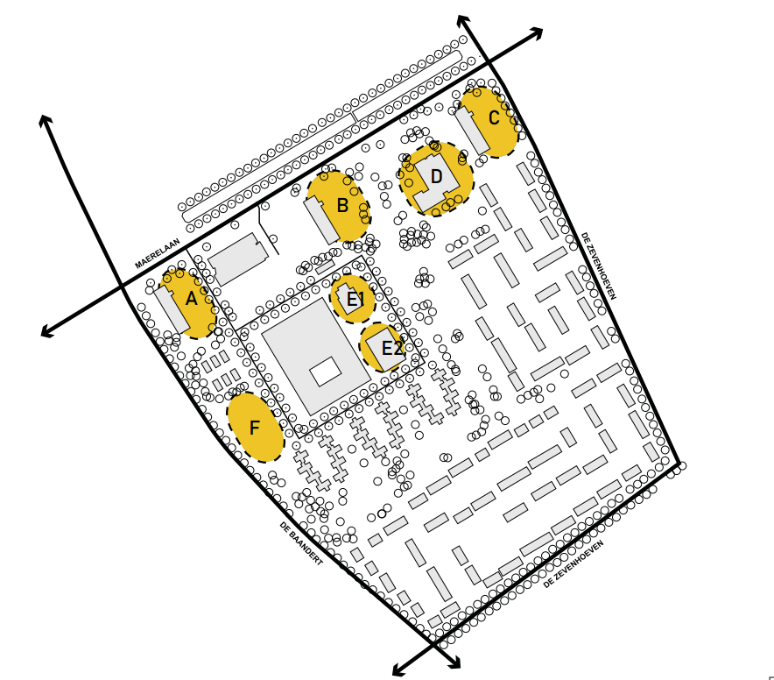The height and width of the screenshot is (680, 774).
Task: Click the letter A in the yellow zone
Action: (x=191, y=299)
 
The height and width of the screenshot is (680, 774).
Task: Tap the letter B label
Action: (x=342, y=206)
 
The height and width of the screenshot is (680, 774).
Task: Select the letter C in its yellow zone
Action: (x=494, y=117)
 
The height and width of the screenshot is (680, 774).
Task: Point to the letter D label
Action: (x=436, y=176)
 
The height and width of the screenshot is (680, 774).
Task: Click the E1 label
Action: (x=355, y=300)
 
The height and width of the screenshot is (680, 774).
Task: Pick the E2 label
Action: (x=392, y=349)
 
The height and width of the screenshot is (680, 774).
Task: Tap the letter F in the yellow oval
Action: (x=255, y=428)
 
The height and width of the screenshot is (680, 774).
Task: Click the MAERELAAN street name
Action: (x=158, y=253)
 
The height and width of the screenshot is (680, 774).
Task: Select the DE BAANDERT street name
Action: (x=301, y=543)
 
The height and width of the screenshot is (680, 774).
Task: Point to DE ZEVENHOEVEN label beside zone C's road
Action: (x=599, y=266)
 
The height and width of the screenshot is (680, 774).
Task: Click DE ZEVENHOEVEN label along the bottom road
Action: (x=573, y=563)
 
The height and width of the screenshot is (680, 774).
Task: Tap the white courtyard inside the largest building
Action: (x=326, y=372)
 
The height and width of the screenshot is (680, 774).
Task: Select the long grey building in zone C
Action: (x=473, y=131)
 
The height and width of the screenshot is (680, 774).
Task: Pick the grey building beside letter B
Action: (x=322, y=219)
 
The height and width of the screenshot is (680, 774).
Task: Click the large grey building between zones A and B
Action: (x=238, y=259)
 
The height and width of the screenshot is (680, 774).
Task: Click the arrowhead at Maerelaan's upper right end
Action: (x=537, y=33)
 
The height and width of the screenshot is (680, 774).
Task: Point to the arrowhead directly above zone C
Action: (x=462, y=21)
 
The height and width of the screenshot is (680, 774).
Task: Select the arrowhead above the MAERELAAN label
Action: (x=45, y=121)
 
